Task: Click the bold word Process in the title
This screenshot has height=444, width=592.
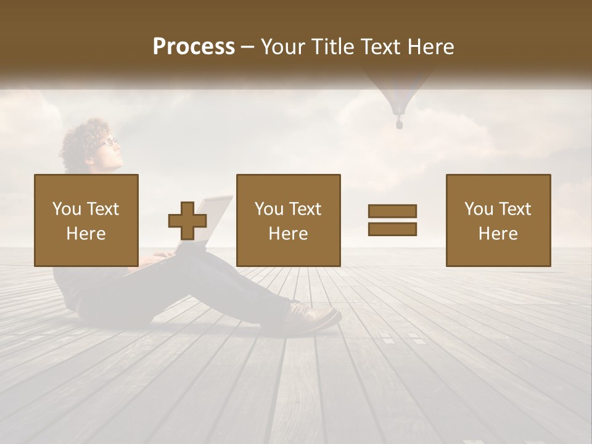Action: coord(194,47)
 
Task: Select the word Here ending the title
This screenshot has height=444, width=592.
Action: coord(431,47)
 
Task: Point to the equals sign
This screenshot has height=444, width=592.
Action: coord(392,220)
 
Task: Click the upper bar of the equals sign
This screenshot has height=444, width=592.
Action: coord(392,212)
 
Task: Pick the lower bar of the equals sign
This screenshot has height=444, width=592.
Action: coord(392,229)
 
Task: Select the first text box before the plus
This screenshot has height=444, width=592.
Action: coord(86,220)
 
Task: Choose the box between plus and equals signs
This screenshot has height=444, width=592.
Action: coord(289,220)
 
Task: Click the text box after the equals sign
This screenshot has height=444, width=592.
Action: coord(498,220)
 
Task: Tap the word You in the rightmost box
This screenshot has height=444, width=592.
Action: coord(479,209)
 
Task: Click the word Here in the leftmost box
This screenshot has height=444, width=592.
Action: coord(86,234)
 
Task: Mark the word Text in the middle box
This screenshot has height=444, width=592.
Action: coord(305,209)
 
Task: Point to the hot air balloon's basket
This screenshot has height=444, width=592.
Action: coord(399,125)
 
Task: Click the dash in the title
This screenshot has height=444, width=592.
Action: coord(248,47)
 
